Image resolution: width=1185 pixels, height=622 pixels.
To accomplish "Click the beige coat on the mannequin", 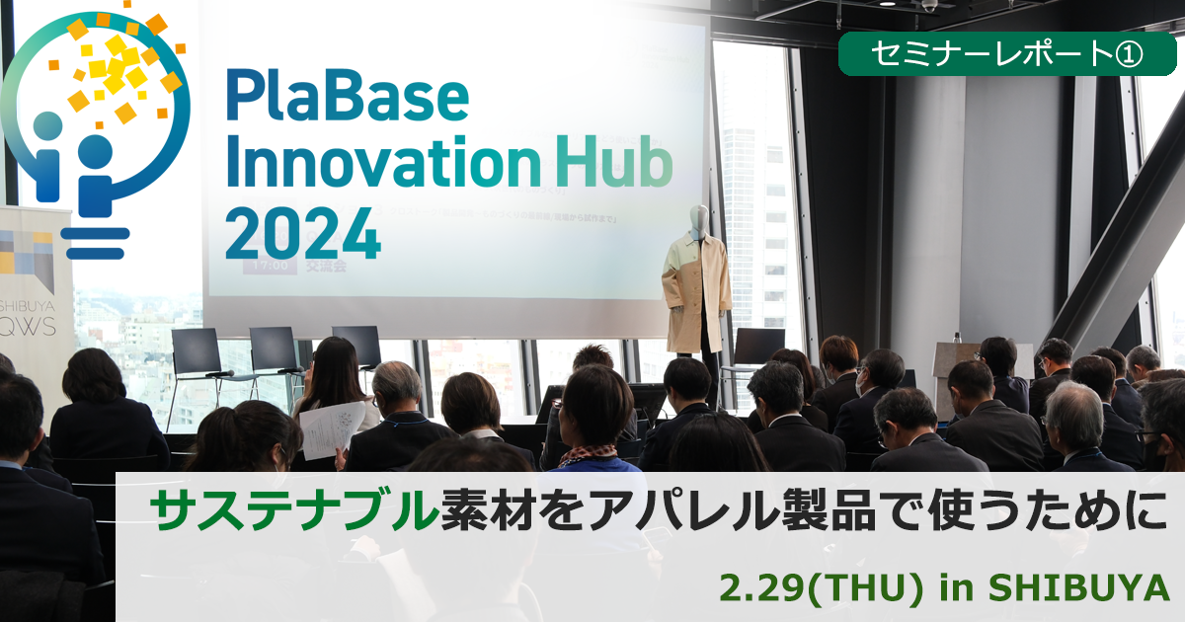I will [x=696, y=293].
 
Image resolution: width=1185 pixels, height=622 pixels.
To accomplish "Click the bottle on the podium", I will [x=956, y=338].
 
